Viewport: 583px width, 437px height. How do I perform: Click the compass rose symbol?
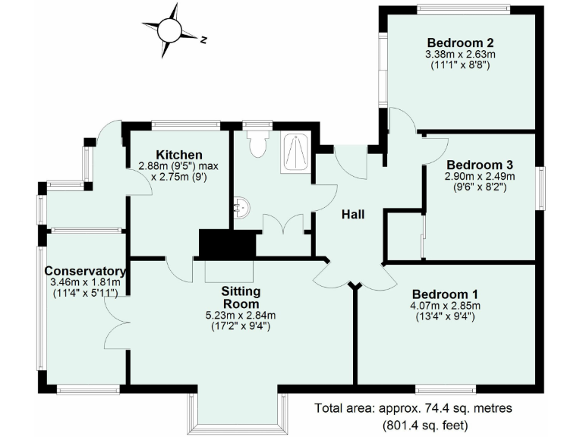click(x=169, y=30)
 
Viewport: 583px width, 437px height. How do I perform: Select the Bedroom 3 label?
click(x=475, y=165)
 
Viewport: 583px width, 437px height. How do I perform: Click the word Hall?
click(x=352, y=215)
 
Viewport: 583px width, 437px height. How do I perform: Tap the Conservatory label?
click(x=84, y=271)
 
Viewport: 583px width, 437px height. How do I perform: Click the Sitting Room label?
click(x=241, y=297)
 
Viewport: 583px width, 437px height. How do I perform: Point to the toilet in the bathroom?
click(x=258, y=143)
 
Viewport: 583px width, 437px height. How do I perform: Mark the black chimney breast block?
click(x=227, y=244)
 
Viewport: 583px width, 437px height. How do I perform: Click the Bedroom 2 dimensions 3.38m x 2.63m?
click(x=461, y=55)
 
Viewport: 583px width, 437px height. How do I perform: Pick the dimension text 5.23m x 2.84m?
click(x=240, y=316)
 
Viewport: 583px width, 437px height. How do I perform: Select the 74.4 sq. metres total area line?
click(x=414, y=408)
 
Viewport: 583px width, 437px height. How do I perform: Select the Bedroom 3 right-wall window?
click(x=541, y=187)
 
